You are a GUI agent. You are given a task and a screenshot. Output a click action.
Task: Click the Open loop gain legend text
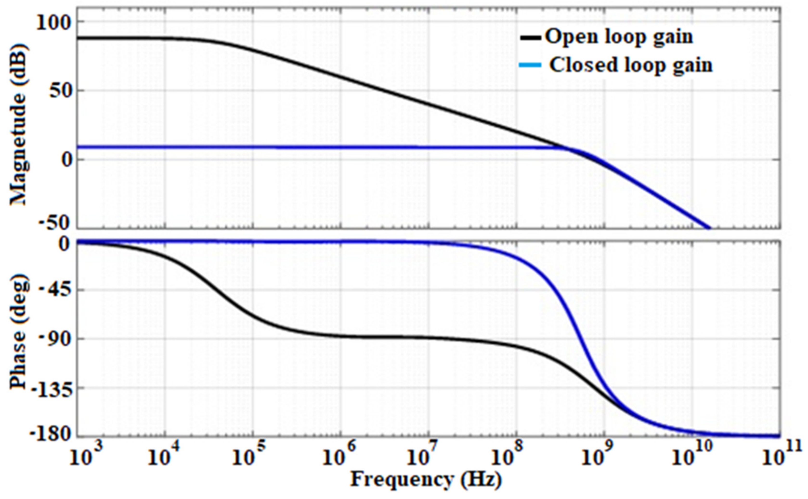coord(619,37)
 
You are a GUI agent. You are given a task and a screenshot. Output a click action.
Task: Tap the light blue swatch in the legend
coord(530,65)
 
